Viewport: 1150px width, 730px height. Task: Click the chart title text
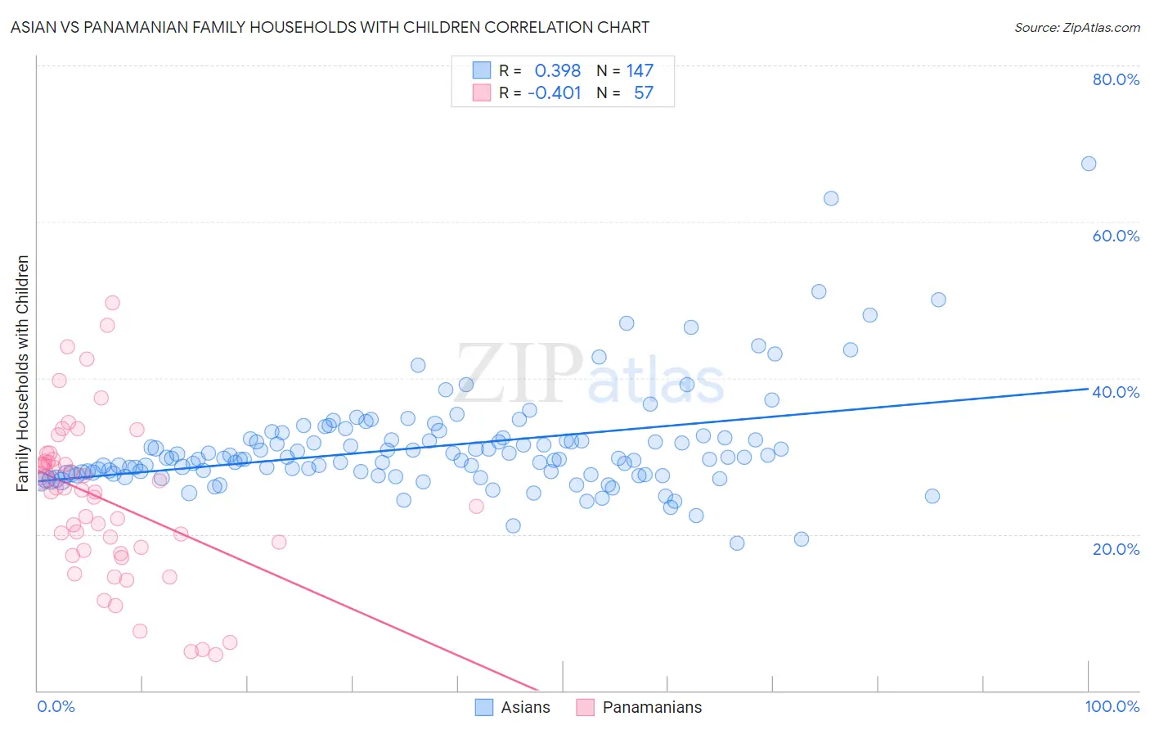tap(330, 27)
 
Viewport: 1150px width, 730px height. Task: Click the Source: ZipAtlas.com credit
tap(1076, 27)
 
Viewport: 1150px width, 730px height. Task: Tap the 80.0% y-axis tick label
tap(1116, 79)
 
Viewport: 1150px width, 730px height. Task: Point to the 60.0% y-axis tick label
tap(1116, 236)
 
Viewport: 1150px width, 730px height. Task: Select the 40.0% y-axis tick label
tap(1116, 392)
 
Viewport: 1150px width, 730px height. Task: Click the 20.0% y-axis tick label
tap(1116, 549)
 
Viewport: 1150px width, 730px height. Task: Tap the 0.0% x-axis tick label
tap(56, 706)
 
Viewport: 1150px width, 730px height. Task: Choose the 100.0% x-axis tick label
tap(1112, 706)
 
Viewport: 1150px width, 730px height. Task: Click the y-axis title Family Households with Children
tap(23, 373)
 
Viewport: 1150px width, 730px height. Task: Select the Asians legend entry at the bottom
tap(513, 707)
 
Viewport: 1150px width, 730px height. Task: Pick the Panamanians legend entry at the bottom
tap(640, 707)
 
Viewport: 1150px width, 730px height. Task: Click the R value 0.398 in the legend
tap(557, 70)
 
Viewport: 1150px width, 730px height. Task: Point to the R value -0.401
tap(554, 92)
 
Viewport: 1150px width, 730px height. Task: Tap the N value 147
tap(640, 70)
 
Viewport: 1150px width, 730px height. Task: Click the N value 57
tap(643, 92)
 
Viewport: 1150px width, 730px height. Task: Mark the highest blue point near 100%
tap(1088, 164)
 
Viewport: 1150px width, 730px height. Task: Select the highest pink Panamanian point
tap(113, 303)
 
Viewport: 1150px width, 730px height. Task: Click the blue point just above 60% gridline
tap(831, 198)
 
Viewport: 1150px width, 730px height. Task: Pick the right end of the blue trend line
tap(1088, 389)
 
